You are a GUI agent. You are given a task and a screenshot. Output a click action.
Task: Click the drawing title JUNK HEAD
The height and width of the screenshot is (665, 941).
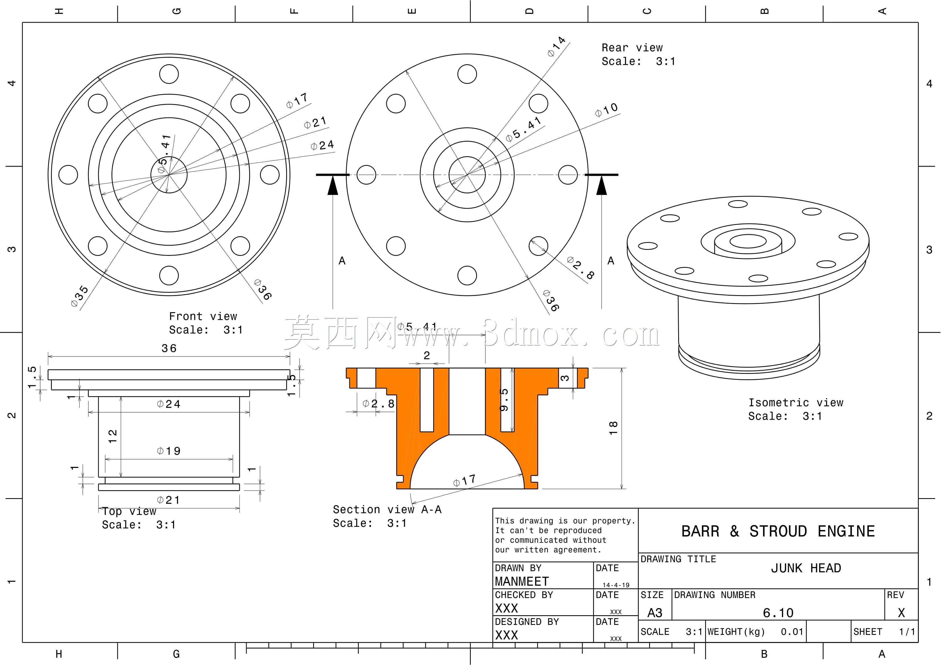coord(806,568)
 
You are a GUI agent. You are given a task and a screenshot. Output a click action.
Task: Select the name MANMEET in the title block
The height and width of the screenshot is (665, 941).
coord(521,582)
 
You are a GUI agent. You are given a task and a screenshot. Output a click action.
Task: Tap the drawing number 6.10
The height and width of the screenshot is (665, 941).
coord(778,613)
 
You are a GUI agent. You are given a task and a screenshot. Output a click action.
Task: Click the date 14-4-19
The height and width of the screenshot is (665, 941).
coord(616,585)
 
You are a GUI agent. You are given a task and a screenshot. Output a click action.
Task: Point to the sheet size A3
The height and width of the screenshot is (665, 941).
coord(655,613)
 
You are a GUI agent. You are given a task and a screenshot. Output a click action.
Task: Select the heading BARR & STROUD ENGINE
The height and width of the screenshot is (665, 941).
coord(778,531)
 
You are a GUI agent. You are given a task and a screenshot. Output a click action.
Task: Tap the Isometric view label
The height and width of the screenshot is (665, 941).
coord(796,403)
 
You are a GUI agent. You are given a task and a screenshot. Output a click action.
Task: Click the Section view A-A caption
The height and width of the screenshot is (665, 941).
coord(387,510)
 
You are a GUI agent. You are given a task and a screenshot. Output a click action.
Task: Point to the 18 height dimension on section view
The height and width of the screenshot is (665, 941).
coord(613,428)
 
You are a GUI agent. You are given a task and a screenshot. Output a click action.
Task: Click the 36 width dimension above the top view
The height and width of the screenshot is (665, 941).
coord(169,348)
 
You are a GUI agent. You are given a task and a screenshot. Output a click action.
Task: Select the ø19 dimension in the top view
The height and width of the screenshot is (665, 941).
coord(168,451)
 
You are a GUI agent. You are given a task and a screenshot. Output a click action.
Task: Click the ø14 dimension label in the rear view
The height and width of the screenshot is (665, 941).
coord(557,46)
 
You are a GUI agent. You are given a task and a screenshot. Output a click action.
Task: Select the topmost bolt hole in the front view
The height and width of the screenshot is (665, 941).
coord(169,74)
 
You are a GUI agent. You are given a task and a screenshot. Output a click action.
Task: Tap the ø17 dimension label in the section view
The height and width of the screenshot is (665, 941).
coord(464,480)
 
